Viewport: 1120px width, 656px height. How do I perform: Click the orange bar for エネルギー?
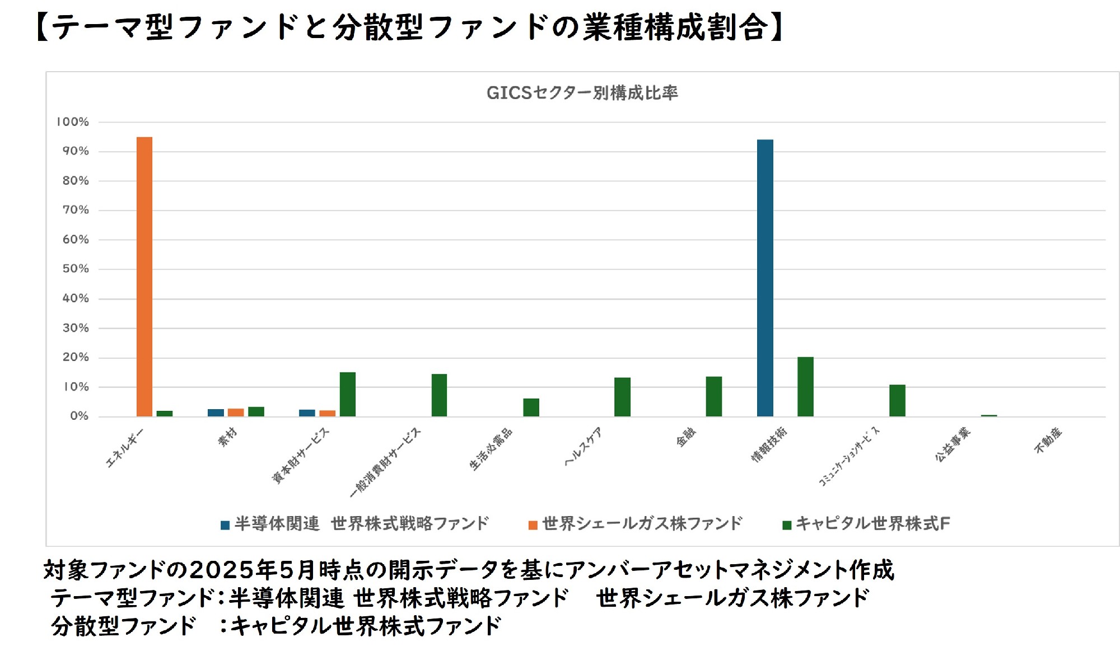[144, 277]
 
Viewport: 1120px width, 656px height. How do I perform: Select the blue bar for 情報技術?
[765, 278]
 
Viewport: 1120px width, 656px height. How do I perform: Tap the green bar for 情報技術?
[805, 387]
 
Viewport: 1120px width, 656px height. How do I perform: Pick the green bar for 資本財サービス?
[348, 394]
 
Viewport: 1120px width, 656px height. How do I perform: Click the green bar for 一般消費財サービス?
[439, 395]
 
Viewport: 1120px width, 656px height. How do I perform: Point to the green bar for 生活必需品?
[531, 407]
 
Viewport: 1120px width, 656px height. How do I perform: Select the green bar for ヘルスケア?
[622, 397]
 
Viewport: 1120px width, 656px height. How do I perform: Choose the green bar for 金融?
[714, 396]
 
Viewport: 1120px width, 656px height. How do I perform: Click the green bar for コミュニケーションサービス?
[897, 400]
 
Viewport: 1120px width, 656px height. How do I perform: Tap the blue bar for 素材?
[216, 413]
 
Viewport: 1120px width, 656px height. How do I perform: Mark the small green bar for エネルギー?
[165, 414]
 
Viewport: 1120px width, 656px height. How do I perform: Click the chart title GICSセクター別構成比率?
[582, 93]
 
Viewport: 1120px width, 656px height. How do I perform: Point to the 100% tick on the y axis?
[73, 122]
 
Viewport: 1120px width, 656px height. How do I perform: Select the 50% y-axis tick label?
[76, 269]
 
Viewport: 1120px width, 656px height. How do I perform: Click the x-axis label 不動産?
[1048, 441]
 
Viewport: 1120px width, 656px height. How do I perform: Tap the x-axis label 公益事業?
[952, 444]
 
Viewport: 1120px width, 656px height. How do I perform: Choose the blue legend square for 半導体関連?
[225, 525]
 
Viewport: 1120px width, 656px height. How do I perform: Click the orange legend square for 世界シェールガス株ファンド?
[533, 525]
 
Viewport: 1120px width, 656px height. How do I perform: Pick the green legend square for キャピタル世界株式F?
[787, 525]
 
